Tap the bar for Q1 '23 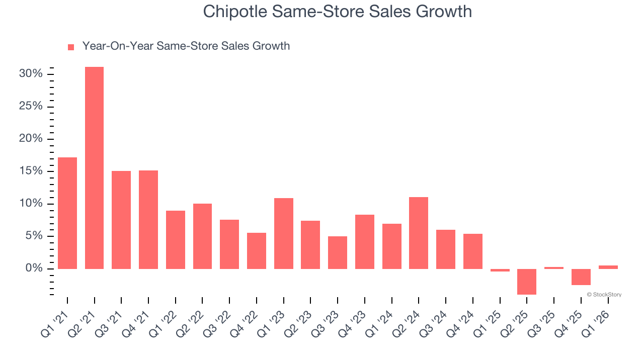tap(284, 233)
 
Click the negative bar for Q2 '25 tap(527, 282)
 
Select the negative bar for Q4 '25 tap(581, 277)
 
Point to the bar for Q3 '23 tap(338, 252)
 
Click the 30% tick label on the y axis tap(31, 74)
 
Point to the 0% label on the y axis tap(33, 268)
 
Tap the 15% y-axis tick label tap(31, 171)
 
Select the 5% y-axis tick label tap(33, 236)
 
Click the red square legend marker tap(71, 47)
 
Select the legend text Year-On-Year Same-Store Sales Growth tap(186, 46)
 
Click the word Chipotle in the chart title tap(234, 12)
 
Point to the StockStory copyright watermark tap(604, 295)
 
